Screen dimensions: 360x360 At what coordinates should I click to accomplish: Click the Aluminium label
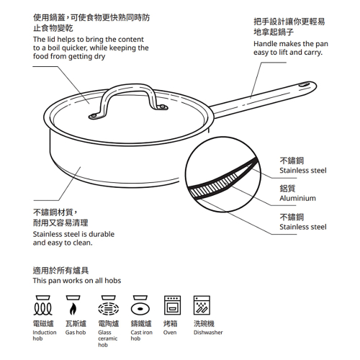pos(297,198)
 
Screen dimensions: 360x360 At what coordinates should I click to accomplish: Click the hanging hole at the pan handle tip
pos(300,86)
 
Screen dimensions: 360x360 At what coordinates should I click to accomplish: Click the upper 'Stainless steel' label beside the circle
pos(302,171)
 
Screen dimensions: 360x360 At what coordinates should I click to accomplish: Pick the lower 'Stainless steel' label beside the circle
pos(302,227)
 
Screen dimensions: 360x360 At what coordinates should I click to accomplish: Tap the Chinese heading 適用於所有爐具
pos(61,270)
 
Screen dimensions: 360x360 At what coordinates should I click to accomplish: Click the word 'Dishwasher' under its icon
pos(208,333)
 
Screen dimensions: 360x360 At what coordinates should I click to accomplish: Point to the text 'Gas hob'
pos(76,333)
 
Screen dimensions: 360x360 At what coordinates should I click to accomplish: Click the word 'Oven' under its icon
pos(170,333)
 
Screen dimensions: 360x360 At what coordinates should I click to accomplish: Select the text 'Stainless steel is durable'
pos(73,234)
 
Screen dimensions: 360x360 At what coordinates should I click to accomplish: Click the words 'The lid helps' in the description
pos(56,39)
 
